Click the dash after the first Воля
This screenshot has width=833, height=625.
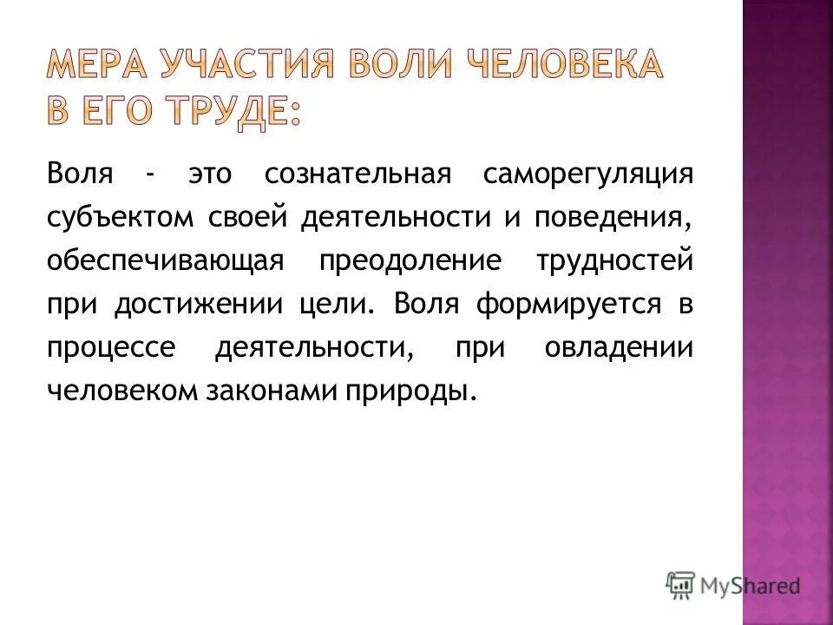(152, 174)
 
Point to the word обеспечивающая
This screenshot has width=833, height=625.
(165, 260)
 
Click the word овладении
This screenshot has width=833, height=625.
(620, 347)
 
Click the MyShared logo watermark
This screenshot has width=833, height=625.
(733, 585)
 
